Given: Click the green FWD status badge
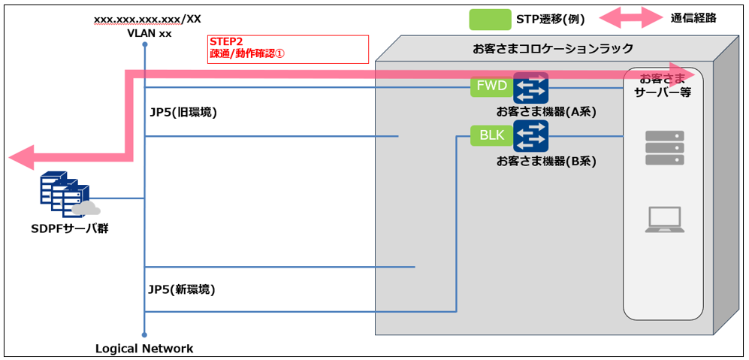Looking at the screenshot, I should tap(492, 87).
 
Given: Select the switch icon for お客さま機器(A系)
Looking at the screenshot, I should tap(531, 88).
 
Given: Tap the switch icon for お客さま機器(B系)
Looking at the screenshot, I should tap(531, 136).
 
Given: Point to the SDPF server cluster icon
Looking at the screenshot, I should tap(65, 195).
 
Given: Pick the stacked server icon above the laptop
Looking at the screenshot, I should tap(664, 148).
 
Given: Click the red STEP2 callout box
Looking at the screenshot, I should tap(288, 49).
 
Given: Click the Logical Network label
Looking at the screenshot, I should tap(144, 349).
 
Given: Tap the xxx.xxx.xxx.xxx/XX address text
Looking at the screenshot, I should tap(147, 18).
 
